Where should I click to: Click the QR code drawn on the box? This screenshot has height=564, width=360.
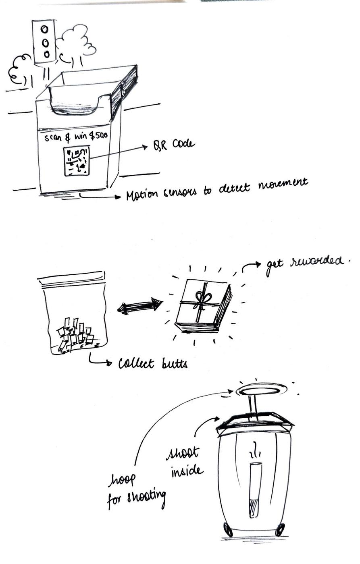point(77,161)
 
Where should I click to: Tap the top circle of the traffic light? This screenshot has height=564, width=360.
point(45,29)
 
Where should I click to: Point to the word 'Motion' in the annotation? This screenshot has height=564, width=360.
point(142,195)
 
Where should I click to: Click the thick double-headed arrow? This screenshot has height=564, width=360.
point(140,305)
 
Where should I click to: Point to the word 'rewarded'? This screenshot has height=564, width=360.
point(317,261)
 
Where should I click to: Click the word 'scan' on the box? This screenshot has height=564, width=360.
point(53,138)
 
